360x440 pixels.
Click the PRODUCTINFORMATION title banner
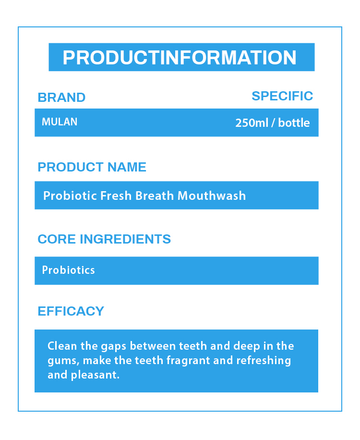click(181, 58)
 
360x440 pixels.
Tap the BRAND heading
click(61, 98)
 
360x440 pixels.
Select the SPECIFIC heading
click(282, 96)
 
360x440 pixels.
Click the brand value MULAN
click(60, 122)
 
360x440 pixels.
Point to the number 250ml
click(252, 123)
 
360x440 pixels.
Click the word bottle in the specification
click(294, 123)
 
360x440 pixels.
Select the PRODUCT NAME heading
click(92, 167)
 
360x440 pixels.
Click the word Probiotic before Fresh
click(70, 196)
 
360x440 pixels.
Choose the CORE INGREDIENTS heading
click(104, 239)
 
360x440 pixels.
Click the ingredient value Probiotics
click(69, 270)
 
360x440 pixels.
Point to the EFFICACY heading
click(71, 311)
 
